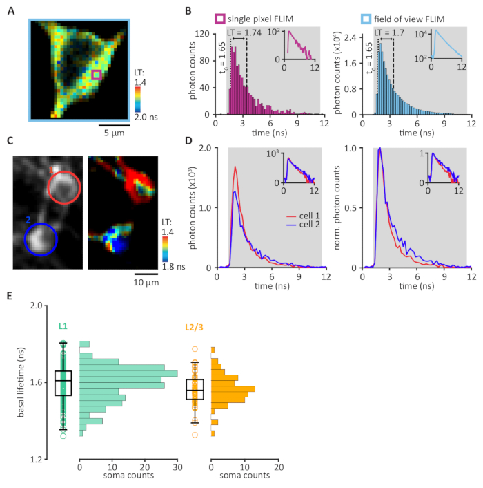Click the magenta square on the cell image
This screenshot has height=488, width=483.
pos(97,74)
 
